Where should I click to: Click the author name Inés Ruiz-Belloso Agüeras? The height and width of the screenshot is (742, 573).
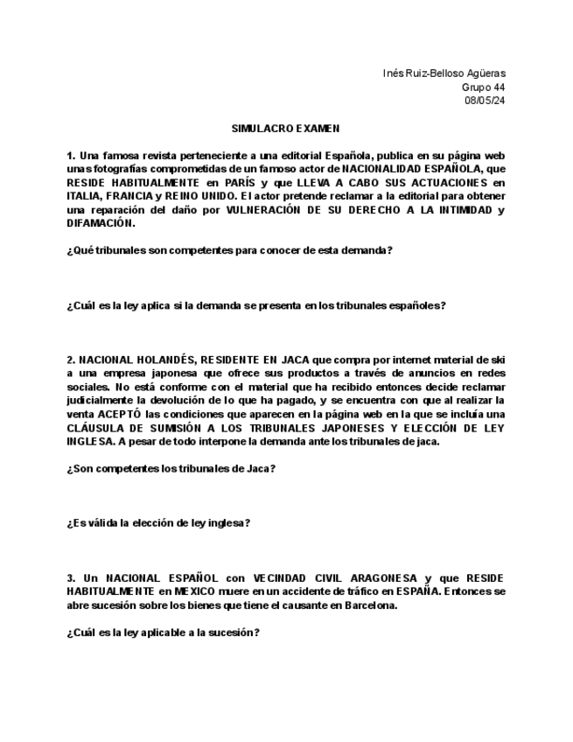444,73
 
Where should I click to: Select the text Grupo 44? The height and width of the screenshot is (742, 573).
483,87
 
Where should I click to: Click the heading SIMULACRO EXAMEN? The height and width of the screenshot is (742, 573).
280,129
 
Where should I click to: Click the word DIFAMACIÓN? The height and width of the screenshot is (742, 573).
101,223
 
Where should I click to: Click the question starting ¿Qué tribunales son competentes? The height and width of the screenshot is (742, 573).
229,250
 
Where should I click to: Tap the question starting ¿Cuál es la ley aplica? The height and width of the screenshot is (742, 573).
255,305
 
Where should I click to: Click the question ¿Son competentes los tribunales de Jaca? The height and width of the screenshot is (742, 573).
171,468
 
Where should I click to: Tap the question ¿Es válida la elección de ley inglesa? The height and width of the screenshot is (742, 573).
158,523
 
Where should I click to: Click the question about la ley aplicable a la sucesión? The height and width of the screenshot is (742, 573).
163,633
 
